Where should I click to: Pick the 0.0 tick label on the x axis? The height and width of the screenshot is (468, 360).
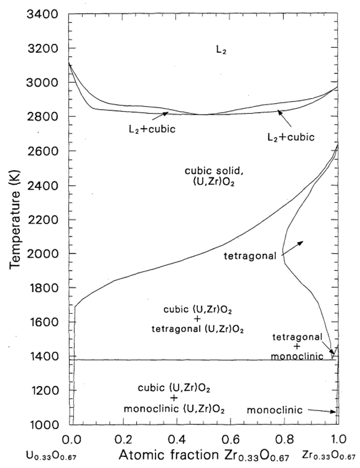point(71,440)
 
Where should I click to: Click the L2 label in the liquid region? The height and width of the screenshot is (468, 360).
point(221,51)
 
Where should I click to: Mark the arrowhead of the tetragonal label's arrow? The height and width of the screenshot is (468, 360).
point(302,241)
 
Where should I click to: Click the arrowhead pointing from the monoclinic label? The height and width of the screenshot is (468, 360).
point(335,411)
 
